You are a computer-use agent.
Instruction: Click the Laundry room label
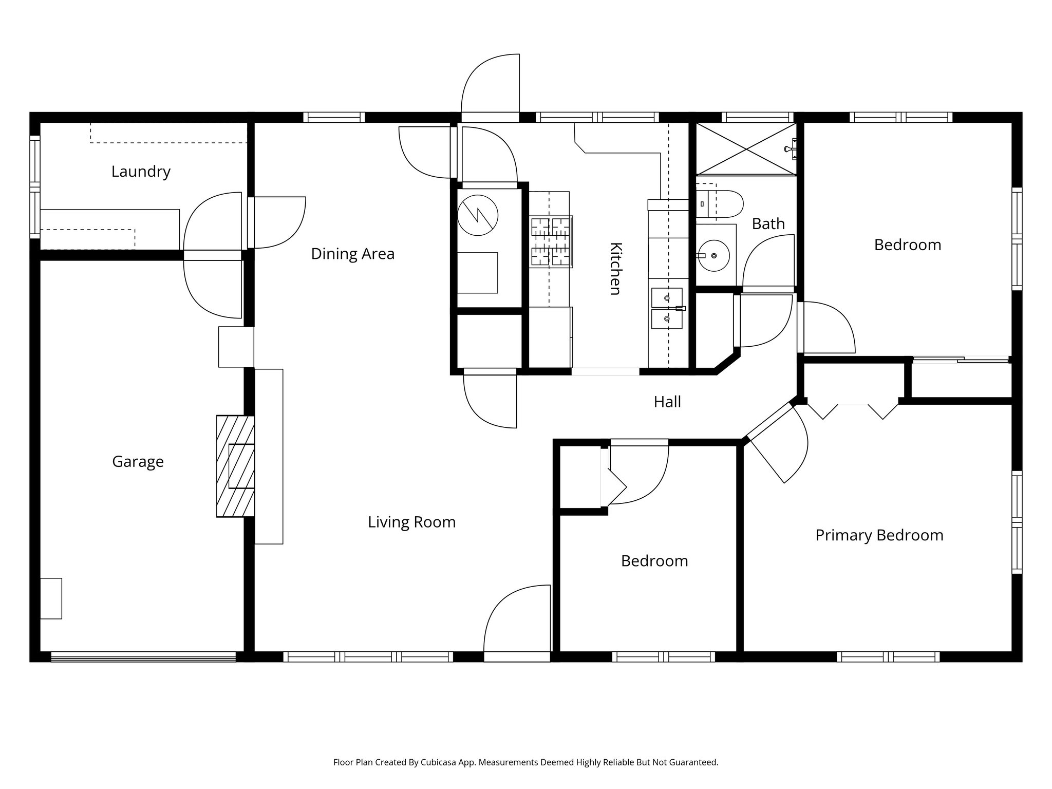[x=141, y=172]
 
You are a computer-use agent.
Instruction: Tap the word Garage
[x=138, y=462]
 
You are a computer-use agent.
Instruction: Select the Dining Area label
[x=352, y=254]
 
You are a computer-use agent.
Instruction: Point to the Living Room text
[x=411, y=522]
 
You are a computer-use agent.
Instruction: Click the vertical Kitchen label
[x=615, y=268]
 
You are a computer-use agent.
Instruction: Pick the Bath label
[x=768, y=224]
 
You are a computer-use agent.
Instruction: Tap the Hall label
[x=667, y=402]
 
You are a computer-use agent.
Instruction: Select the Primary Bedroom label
[x=879, y=535]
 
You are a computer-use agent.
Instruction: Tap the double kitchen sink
[x=667, y=308]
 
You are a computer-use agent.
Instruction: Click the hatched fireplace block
[x=235, y=466]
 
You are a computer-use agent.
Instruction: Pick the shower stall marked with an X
[x=745, y=149]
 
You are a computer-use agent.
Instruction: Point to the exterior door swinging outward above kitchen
[x=490, y=87]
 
